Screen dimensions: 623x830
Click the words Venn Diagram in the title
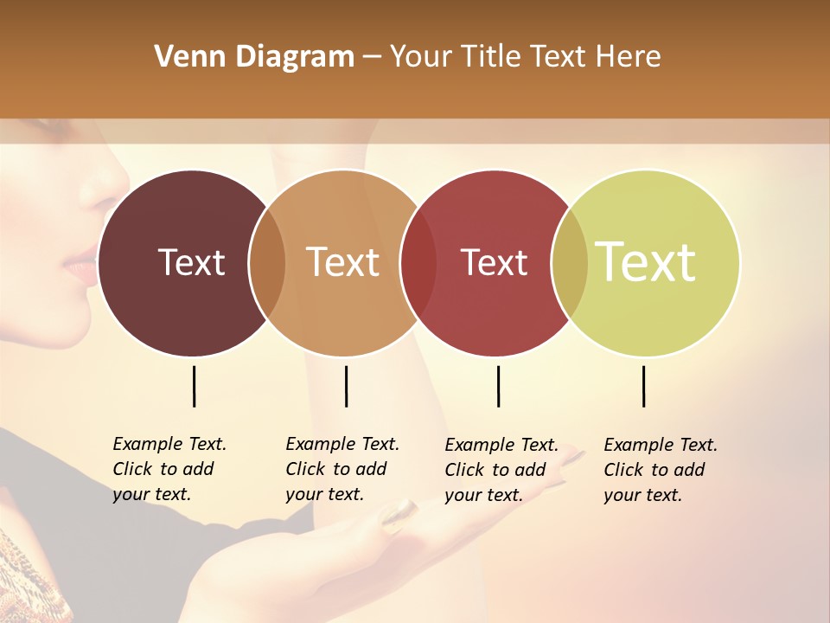coord(253,57)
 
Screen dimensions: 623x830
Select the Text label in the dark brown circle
coord(191,262)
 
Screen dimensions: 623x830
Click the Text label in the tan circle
coord(343,262)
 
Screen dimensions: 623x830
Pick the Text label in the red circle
coord(494,263)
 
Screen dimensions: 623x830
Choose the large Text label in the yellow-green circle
coord(646,262)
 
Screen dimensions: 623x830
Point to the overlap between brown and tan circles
coord(267,263)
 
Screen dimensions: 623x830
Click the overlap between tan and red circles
coord(418,263)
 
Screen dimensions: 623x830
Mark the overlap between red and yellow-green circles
coord(570,263)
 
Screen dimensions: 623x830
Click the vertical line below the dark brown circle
coord(194,386)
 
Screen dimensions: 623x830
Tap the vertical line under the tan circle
coord(346,386)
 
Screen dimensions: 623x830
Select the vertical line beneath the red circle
coord(498,386)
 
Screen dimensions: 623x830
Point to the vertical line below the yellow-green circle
coord(643,386)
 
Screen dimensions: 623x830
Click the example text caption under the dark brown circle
coord(169,469)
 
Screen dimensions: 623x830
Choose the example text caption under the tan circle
coord(342,469)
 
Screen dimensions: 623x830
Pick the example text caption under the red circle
coord(501,470)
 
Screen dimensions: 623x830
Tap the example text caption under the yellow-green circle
coord(661,470)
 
